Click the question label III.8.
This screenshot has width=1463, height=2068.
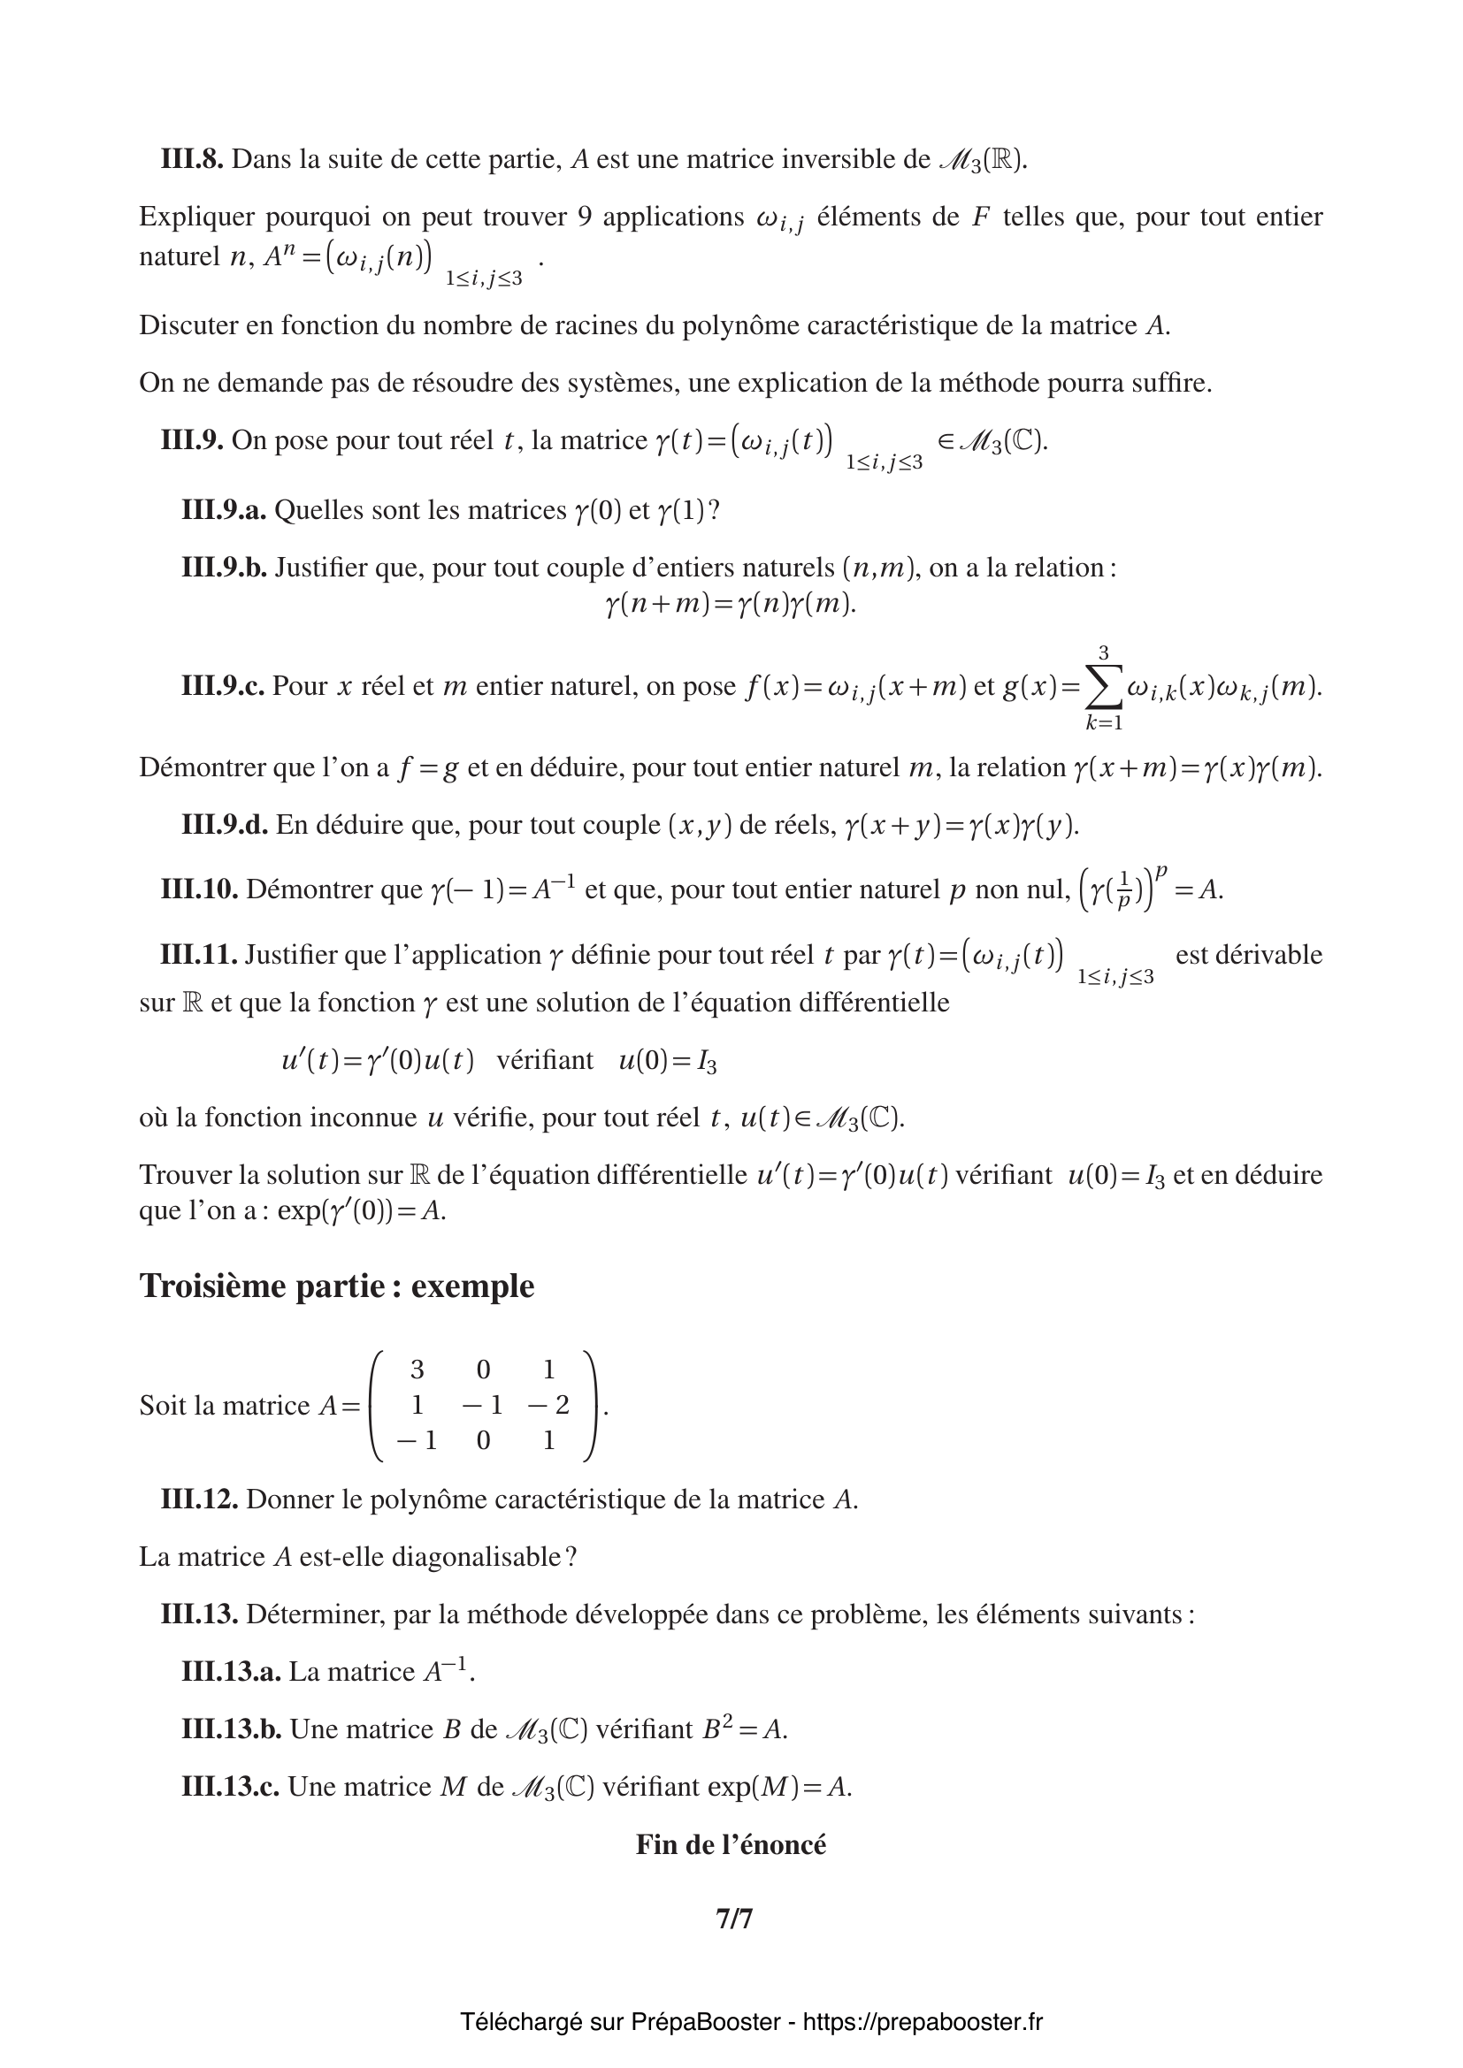point(192,160)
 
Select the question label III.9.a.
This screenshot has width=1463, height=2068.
point(224,511)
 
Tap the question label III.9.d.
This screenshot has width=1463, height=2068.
point(225,825)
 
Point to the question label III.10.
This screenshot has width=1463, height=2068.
point(199,890)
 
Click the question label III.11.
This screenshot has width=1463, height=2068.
point(199,955)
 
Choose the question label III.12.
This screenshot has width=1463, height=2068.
point(199,1499)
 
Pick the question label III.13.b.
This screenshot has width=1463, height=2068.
point(232,1729)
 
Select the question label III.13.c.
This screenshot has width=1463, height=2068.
point(230,1787)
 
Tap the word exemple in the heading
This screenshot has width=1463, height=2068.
point(473,1286)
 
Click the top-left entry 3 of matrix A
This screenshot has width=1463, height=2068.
point(417,1370)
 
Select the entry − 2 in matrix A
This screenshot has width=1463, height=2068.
point(549,1405)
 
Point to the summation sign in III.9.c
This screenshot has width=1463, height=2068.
point(1104,687)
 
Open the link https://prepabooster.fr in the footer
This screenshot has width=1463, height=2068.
point(923,2022)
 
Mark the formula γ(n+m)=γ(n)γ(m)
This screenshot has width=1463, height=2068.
point(731,604)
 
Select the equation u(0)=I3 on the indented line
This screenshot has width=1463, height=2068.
point(668,1061)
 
